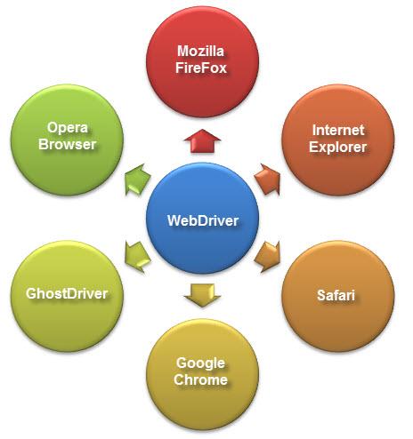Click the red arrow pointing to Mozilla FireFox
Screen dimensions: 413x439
click(202, 141)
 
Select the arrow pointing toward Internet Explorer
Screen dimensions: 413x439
click(268, 180)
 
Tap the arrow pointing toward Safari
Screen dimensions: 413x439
click(268, 257)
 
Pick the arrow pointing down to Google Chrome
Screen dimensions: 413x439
click(202, 295)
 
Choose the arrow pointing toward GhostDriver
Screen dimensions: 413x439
click(137, 257)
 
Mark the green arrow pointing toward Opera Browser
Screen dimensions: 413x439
click(137, 180)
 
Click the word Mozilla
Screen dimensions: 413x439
click(200, 51)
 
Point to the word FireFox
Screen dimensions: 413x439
click(201, 68)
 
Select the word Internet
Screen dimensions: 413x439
click(338, 130)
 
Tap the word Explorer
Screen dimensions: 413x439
click(338, 147)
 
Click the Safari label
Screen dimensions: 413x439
click(336, 295)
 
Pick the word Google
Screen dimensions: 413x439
click(200, 363)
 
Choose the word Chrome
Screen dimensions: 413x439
click(200, 379)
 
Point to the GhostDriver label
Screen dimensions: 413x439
click(67, 293)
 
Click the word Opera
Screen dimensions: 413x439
click(68, 128)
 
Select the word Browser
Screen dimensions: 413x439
click(68, 144)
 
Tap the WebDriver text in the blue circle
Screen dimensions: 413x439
click(203, 220)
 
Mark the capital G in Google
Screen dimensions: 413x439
click(182, 363)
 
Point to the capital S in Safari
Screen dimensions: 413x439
click(321, 295)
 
